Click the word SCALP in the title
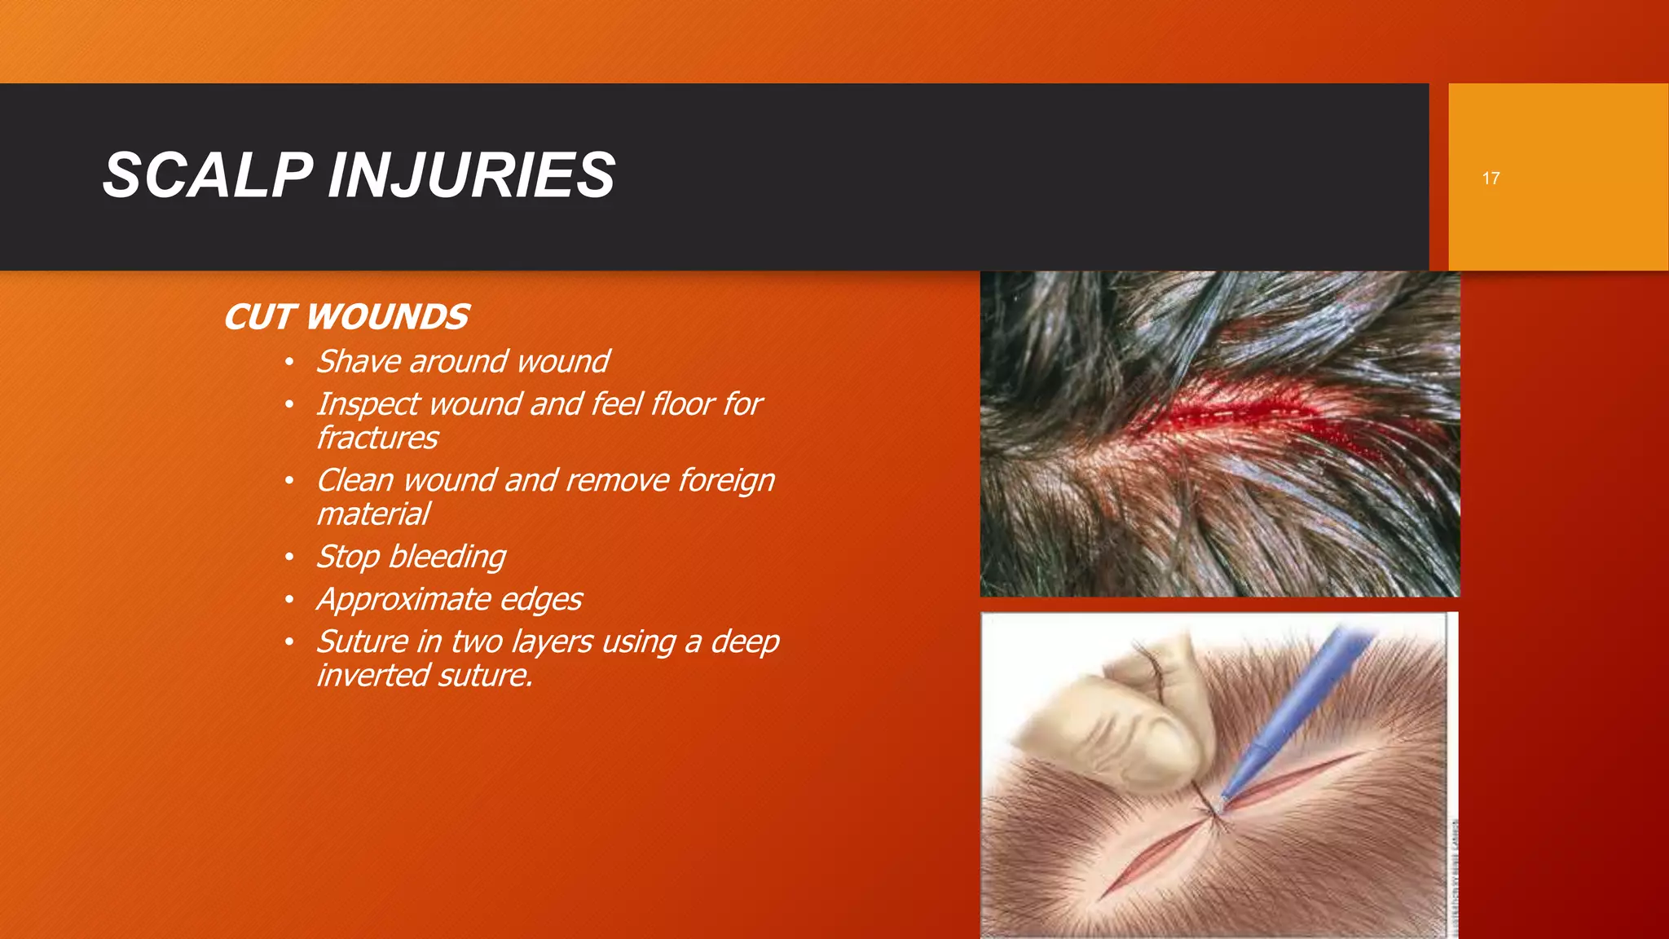tap(208, 175)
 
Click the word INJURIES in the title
tap(471, 175)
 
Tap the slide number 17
tap(1491, 179)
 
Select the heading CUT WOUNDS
tap(346, 317)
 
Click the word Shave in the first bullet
tap(357, 362)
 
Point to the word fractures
tap(377, 439)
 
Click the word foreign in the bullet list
tap(726, 481)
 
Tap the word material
tap(372, 514)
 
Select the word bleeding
tap(447, 558)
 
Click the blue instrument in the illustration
tap(1304, 701)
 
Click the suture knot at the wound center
tap(1213, 811)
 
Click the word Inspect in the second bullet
tap(367, 404)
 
